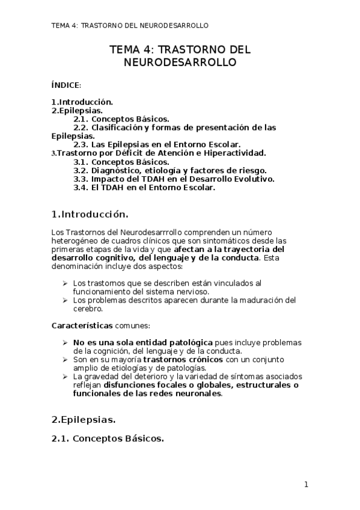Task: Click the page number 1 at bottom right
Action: (306, 484)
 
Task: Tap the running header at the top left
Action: (130, 26)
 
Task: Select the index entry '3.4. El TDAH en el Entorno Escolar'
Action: (144, 187)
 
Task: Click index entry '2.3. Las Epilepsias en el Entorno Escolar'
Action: (157, 144)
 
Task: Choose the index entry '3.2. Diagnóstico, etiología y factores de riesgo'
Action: (169, 170)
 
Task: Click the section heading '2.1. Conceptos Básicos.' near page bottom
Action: (108, 438)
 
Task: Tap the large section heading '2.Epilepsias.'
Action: (84, 419)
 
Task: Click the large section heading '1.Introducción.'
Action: (90, 214)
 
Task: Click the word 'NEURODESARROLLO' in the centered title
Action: (180, 62)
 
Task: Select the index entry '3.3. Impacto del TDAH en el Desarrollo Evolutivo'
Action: (174, 179)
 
